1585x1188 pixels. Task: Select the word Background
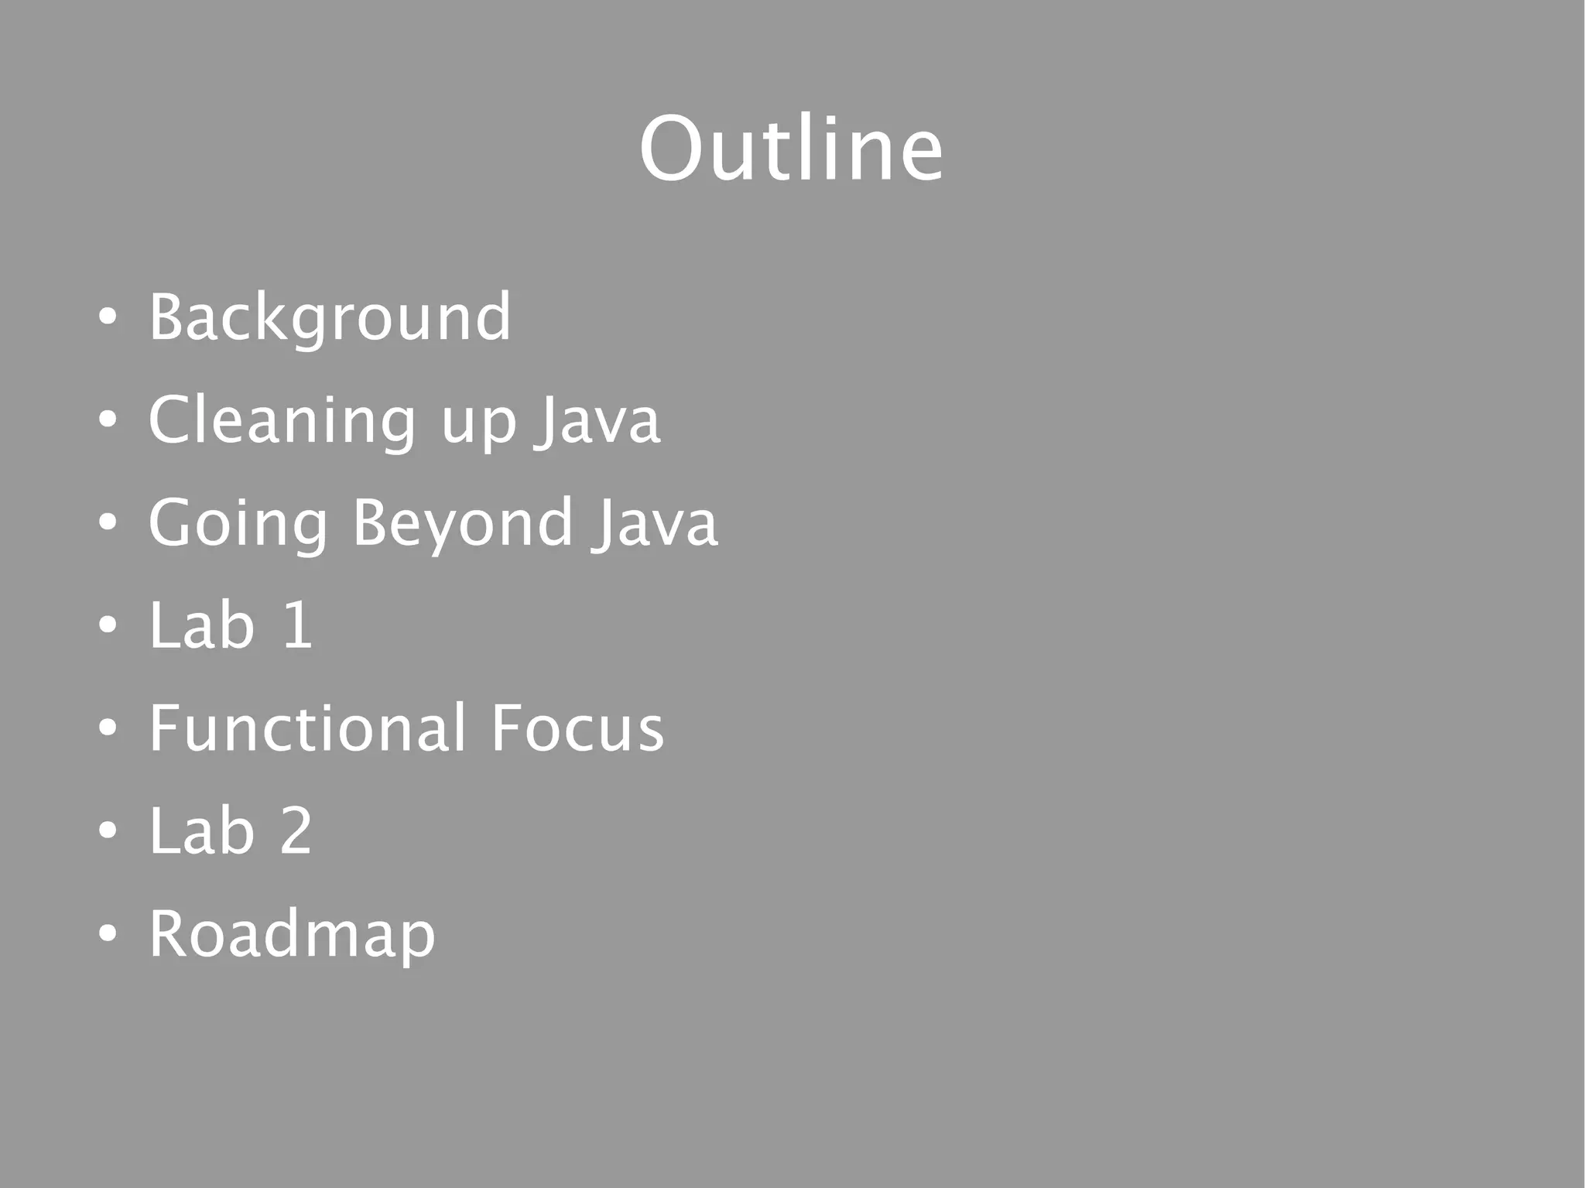[x=330, y=317]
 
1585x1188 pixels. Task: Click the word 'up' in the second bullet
[x=478, y=424]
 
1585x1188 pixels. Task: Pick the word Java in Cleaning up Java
[x=598, y=420]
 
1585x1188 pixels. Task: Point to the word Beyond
[x=463, y=524]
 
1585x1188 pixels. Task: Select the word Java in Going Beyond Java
[x=656, y=523]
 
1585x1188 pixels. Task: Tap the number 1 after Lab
[x=298, y=625]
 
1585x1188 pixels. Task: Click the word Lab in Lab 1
[x=201, y=625]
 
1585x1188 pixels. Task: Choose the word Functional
[x=307, y=728]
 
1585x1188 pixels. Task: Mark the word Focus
[x=577, y=728]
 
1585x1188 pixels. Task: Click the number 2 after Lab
[x=296, y=830]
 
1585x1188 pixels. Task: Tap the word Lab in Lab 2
[x=201, y=830]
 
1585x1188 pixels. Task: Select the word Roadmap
[x=292, y=935]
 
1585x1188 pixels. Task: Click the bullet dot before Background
[x=108, y=317]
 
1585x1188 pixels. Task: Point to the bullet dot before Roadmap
[x=108, y=933]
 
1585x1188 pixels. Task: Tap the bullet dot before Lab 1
[x=108, y=625]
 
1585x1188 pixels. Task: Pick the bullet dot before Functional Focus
[x=108, y=728]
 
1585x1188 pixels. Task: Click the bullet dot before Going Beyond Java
[x=108, y=522]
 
